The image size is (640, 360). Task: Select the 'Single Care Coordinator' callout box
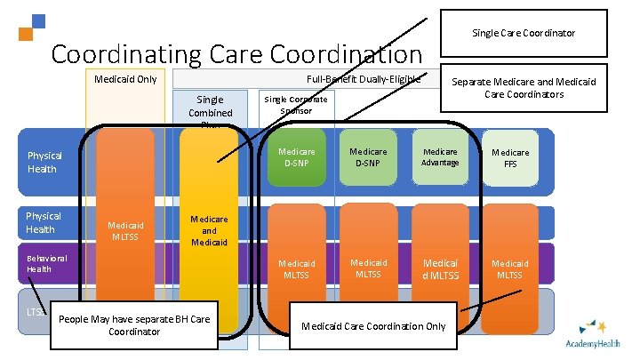pyautogui.click(x=524, y=33)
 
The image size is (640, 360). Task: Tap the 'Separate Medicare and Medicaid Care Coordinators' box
pyautogui.click(x=524, y=88)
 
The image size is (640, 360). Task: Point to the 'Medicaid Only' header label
pyautogui.click(x=125, y=79)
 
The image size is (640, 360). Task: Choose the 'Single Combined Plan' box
pyautogui.click(x=210, y=111)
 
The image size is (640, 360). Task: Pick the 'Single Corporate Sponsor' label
pyautogui.click(x=295, y=105)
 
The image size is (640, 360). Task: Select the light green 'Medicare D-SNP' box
pyautogui.click(x=368, y=157)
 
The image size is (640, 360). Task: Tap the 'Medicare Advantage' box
pyautogui.click(x=440, y=157)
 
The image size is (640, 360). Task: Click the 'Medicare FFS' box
pyautogui.click(x=510, y=157)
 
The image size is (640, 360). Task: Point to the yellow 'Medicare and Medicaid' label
pyautogui.click(x=210, y=229)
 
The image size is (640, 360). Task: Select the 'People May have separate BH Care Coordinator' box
pyautogui.click(x=133, y=325)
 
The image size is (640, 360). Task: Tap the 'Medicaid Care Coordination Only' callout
pyautogui.click(x=373, y=325)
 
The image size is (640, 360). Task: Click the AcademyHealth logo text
pyautogui.click(x=593, y=343)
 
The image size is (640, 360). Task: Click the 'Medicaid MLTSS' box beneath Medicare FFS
pyautogui.click(x=510, y=268)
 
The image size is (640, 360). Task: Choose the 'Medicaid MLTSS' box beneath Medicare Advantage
pyautogui.click(x=440, y=268)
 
